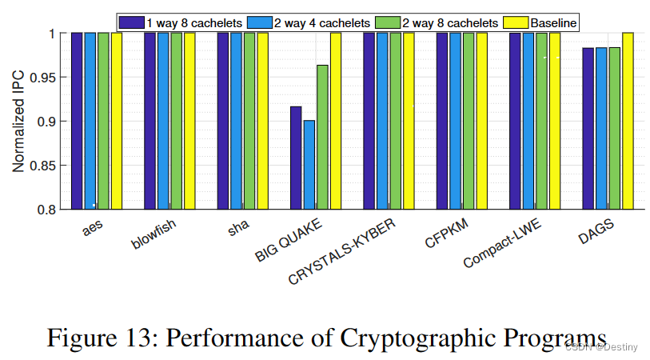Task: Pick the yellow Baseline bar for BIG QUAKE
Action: point(336,121)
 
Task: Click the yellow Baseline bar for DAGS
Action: point(628,121)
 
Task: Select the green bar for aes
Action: point(103,121)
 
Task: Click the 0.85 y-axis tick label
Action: point(45,166)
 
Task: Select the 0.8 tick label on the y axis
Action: point(50,210)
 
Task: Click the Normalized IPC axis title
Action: point(18,121)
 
